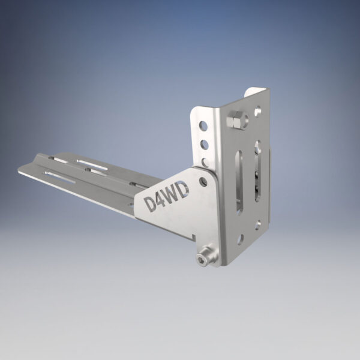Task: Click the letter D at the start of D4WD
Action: pos(152,202)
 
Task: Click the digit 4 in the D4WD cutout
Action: pos(163,199)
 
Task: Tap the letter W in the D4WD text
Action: pos(174,194)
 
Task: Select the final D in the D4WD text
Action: pos(185,190)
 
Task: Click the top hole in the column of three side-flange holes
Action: pos(203,126)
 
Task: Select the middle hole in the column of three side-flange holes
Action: pos(204,144)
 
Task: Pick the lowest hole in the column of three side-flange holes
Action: pos(205,161)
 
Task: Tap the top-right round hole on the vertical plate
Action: pos(257,111)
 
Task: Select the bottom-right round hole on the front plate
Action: pos(258,224)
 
